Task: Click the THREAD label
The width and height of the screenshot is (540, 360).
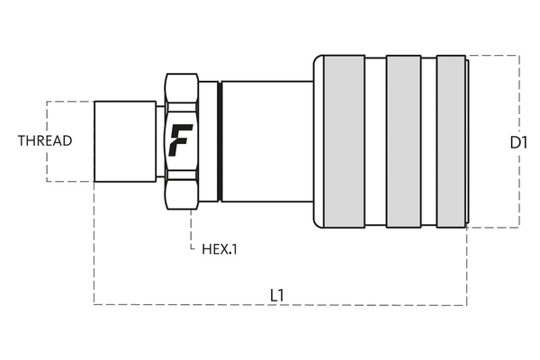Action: pos(45,140)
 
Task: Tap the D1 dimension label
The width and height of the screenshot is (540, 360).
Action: pos(518,142)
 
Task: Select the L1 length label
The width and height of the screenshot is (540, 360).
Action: pos(277,295)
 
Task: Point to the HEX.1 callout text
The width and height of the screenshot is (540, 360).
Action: pos(220,249)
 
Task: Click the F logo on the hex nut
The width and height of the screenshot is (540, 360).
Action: pos(181,140)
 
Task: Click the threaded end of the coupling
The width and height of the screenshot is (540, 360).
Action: pos(125,141)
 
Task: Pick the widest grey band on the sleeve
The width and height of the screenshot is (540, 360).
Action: pos(344,141)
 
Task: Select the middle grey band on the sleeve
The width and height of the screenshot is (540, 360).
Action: pos(403,141)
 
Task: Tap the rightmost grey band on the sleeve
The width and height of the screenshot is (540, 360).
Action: pos(451,141)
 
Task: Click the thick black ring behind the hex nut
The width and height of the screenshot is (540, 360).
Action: pos(220,141)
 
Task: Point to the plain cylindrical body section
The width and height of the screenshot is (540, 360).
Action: pos(267,141)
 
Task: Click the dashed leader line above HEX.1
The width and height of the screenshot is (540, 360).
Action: pos(192,229)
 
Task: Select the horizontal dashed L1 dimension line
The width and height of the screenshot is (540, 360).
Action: pos(280,304)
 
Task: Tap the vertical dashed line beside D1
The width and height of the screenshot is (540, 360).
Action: pos(519,141)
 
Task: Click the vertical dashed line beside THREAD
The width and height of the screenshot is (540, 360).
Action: pos(47,141)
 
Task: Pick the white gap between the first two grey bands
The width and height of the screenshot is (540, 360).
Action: pos(375,141)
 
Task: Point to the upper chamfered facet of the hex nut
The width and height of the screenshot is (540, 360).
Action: pos(182,87)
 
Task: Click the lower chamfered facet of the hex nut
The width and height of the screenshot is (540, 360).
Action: pos(182,194)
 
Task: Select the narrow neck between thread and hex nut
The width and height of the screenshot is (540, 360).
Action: pos(160,141)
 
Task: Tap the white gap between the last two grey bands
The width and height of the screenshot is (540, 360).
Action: pos(428,141)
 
